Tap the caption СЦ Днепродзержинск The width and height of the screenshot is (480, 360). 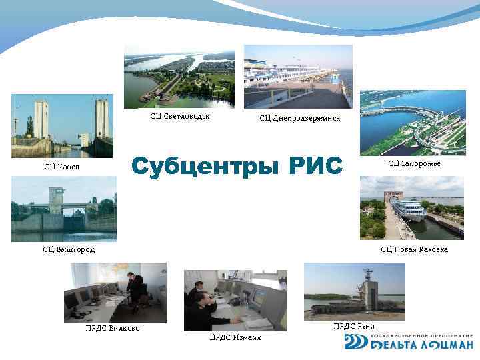299,118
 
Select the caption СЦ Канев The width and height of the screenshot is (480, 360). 61,166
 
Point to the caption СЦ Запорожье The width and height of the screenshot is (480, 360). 414,163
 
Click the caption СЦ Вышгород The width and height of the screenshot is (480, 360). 69,249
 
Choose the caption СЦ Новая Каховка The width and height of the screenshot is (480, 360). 414,249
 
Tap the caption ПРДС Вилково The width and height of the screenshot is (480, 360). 113,327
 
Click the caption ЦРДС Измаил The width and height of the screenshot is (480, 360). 235,337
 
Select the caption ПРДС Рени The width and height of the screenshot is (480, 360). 354,326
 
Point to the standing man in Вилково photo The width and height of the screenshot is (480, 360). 136,291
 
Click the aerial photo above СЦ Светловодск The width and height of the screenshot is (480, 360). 179,77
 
